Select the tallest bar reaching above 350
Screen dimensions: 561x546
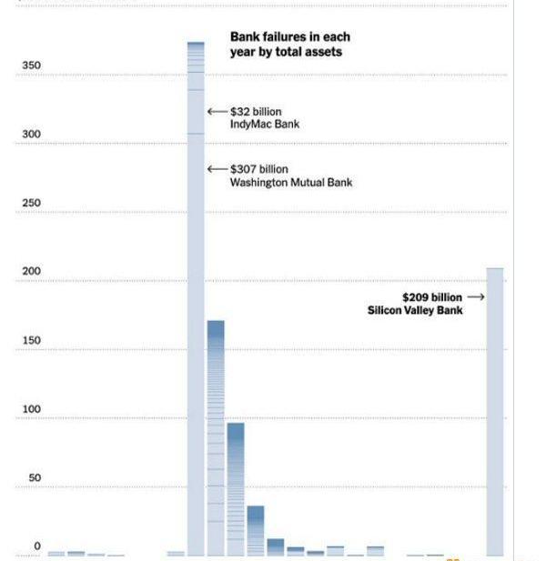coord(196,300)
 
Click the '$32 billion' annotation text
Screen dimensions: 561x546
coord(257,112)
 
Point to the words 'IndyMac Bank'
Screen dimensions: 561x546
coord(265,125)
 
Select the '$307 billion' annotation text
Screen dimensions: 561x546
coord(259,169)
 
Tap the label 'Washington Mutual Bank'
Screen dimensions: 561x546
coord(291,183)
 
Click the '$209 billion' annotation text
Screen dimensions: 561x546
coord(432,297)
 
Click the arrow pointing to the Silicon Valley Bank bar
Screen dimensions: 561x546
coord(476,297)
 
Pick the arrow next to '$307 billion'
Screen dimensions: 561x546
coord(217,169)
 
